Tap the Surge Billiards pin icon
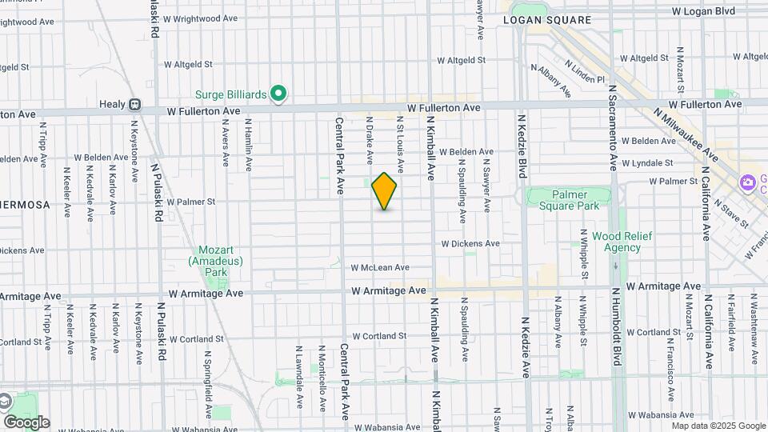click(278, 94)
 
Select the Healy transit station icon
click(135, 104)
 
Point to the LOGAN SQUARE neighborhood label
click(558, 20)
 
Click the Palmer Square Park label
click(569, 200)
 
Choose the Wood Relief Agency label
click(622, 242)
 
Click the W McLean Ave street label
click(380, 267)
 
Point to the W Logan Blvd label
click(703, 11)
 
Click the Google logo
click(26, 422)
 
